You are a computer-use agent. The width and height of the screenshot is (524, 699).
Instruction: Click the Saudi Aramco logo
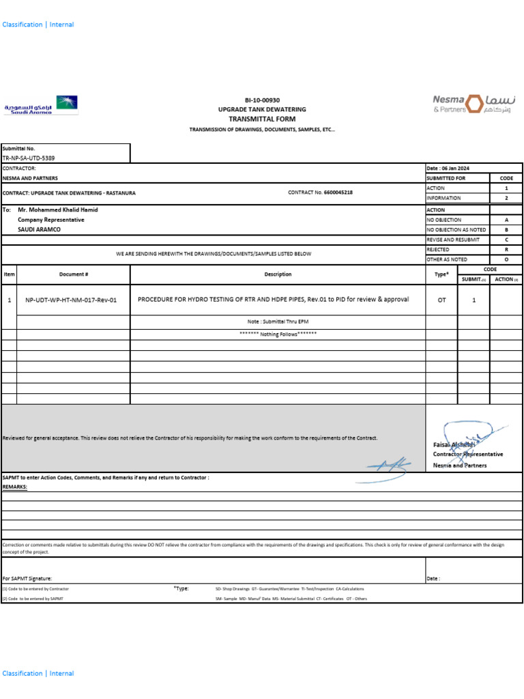click(41, 105)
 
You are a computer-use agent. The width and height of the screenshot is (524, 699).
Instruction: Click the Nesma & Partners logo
click(474, 104)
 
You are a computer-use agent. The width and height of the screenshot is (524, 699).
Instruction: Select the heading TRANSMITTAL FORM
click(262, 119)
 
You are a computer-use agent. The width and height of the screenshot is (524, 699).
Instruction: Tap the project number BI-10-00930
click(262, 100)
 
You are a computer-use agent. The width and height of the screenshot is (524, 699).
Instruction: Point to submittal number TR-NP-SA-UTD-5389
click(29, 158)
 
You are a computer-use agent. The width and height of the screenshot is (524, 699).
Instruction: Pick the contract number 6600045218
click(338, 192)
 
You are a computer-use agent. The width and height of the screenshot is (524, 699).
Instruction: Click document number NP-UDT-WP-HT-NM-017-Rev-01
click(71, 300)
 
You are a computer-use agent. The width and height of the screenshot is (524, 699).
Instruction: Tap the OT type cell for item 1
click(441, 300)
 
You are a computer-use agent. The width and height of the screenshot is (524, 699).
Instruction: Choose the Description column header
click(278, 274)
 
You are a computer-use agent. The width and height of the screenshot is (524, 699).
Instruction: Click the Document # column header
click(73, 274)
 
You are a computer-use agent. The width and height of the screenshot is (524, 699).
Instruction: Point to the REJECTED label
click(438, 250)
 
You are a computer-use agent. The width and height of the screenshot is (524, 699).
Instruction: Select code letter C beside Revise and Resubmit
click(506, 240)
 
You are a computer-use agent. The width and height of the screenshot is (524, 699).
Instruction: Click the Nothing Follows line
click(278, 334)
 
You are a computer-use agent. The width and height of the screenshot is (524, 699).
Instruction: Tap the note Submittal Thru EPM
click(278, 321)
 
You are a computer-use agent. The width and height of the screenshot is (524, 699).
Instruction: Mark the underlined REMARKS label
click(15, 487)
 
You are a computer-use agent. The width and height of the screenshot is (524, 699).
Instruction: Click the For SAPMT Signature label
click(27, 578)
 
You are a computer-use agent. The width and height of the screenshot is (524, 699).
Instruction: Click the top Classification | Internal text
click(38, 25)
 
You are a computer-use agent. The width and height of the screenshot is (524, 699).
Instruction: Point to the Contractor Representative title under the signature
click(468, 454)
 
